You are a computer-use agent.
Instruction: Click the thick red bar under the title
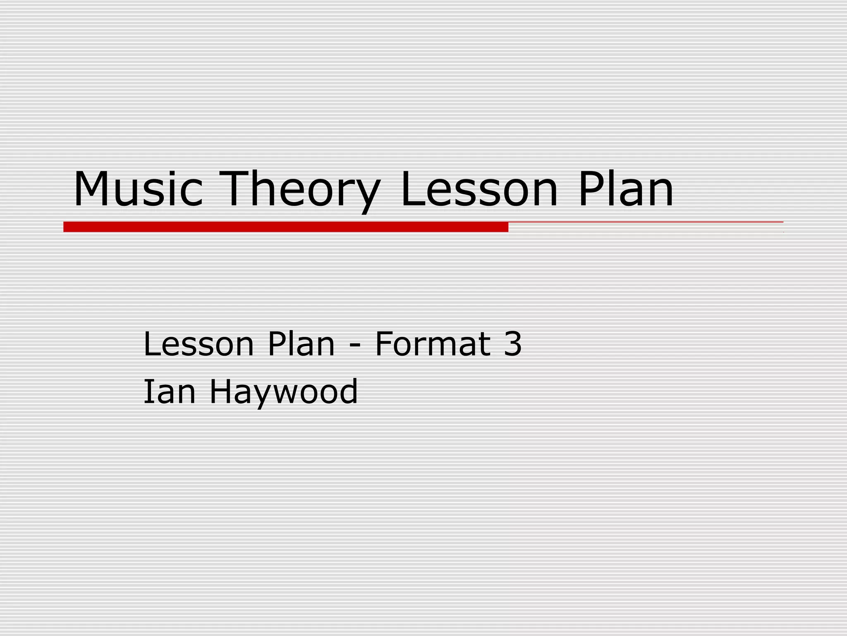click(285, 227)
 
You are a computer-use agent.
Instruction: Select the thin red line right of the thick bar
click(645, 222)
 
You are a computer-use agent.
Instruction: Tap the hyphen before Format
click(355, 345)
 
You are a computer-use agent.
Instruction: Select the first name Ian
click(169, 392)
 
